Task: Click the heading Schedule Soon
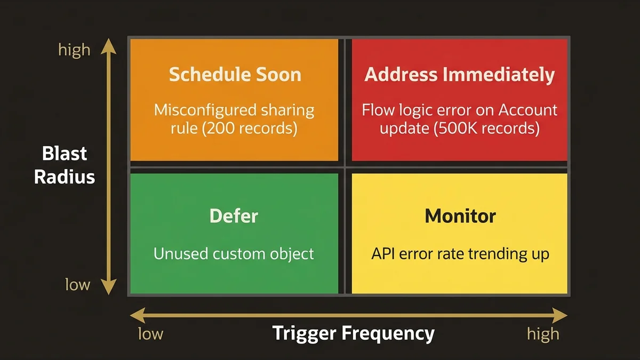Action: tap(235, 75)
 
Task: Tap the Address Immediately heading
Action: tap(459, 75)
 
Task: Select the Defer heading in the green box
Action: tap(234, 216)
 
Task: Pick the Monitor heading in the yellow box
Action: tap(460, 216)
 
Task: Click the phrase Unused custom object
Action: tap(234, 254)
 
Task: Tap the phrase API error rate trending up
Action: tap(460, 254)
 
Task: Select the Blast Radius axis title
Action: tap(65, 165)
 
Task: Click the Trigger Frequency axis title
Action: tap(354, 334)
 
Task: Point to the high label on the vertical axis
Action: tap(74, 50)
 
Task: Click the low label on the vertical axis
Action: tap(77, 285)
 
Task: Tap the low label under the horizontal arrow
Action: tap(150, 334)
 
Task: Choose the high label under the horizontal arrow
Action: tap(543, 334)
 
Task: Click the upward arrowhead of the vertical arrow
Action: tap(109, 44)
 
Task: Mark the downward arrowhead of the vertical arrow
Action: tap(109, 289)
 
